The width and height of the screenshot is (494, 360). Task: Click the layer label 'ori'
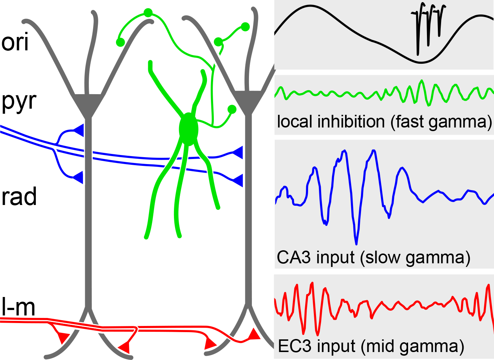coord(15,42)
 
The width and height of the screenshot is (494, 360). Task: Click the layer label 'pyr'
coord(19,101)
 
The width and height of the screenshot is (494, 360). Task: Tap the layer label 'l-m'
coord(18,307)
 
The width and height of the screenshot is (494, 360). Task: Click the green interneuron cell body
coord(188,129)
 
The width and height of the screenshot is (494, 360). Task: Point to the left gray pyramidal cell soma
coord(87,103)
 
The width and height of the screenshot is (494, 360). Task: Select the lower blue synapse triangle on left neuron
coord(79,177)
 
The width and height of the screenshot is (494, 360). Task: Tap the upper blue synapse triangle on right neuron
coord(238,152)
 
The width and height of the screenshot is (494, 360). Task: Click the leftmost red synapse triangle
coord(63,338)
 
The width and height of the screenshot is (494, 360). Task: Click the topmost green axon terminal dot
coord(148,13)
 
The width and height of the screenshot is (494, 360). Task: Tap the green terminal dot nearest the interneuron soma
coord(232,109)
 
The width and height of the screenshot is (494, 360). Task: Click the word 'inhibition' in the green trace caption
coord(351,122)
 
